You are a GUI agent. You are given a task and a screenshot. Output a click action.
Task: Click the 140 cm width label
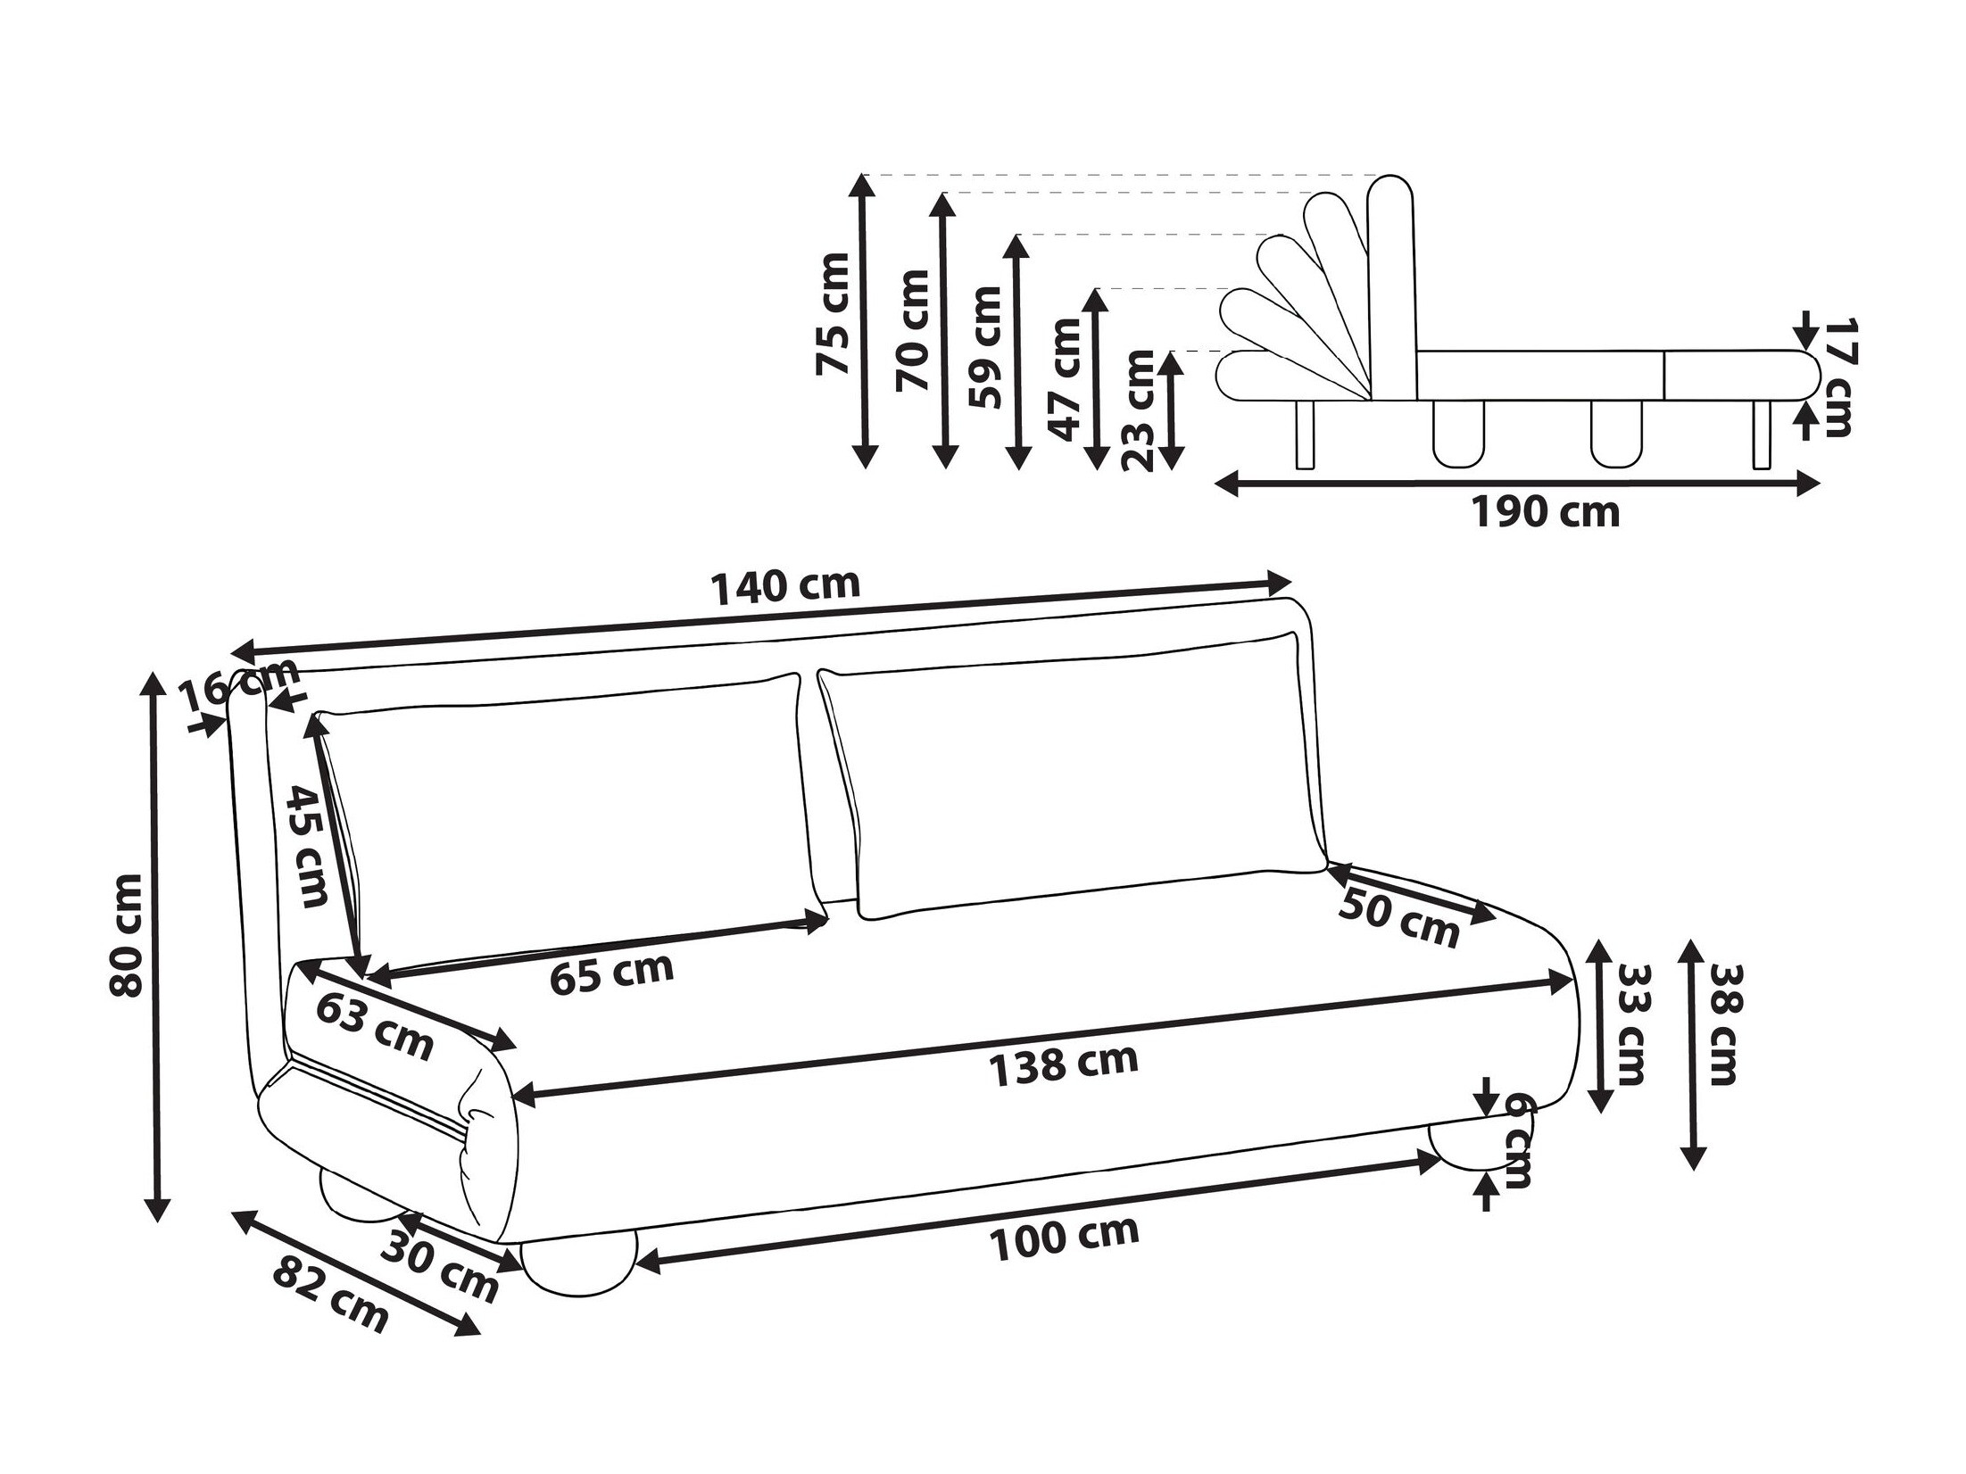click(x=784, y=586)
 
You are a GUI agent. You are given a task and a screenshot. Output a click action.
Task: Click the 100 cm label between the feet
click(x=1064, y=1238)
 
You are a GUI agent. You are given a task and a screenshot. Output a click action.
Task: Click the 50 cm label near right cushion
click(x=1398, y=919)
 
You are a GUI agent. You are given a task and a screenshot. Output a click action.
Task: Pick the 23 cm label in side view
click(x=1138, y=410)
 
